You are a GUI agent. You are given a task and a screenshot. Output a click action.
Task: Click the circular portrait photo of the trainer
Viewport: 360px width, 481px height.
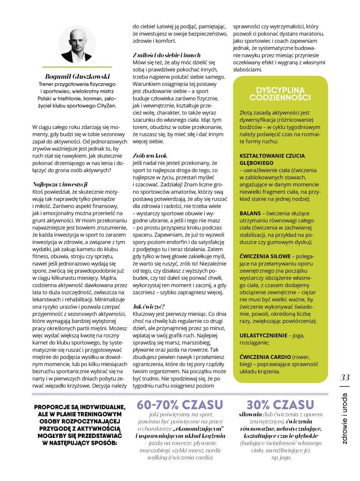coord(79,44)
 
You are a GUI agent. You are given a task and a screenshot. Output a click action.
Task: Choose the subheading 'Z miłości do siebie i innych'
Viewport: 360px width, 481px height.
coord(166,55)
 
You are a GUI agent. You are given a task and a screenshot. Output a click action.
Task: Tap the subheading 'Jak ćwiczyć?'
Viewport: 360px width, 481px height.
coord(149,307)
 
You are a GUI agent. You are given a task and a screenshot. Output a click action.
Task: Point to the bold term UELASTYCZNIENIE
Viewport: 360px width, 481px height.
coord(263,335)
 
